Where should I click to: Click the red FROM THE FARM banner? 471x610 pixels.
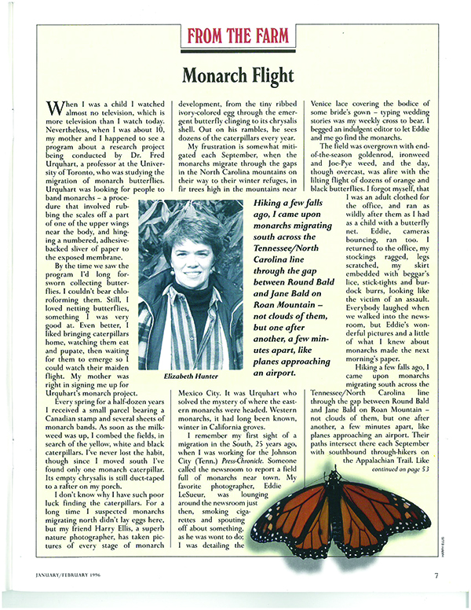click(235, 36)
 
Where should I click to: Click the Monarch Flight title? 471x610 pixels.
click(235, 76)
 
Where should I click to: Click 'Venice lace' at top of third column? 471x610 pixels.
click(332, 104)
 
